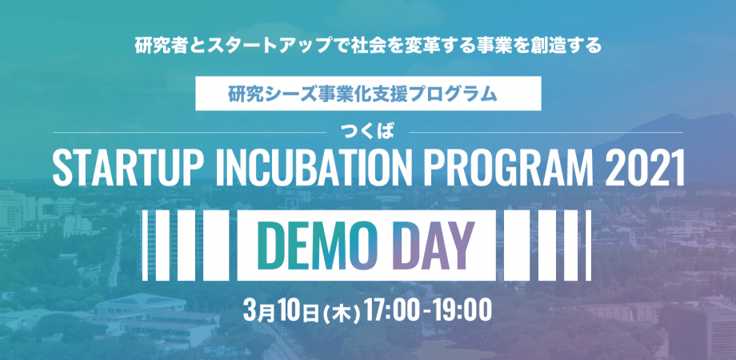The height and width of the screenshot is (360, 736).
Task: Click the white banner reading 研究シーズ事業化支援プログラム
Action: (368, 94)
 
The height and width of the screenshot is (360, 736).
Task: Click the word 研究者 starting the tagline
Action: (158, 46)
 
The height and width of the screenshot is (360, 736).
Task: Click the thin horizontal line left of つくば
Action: (190, 133)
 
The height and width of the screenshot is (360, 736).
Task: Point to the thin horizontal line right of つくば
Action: (546, 133)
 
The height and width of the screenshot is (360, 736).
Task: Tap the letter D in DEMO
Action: (271, 246)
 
